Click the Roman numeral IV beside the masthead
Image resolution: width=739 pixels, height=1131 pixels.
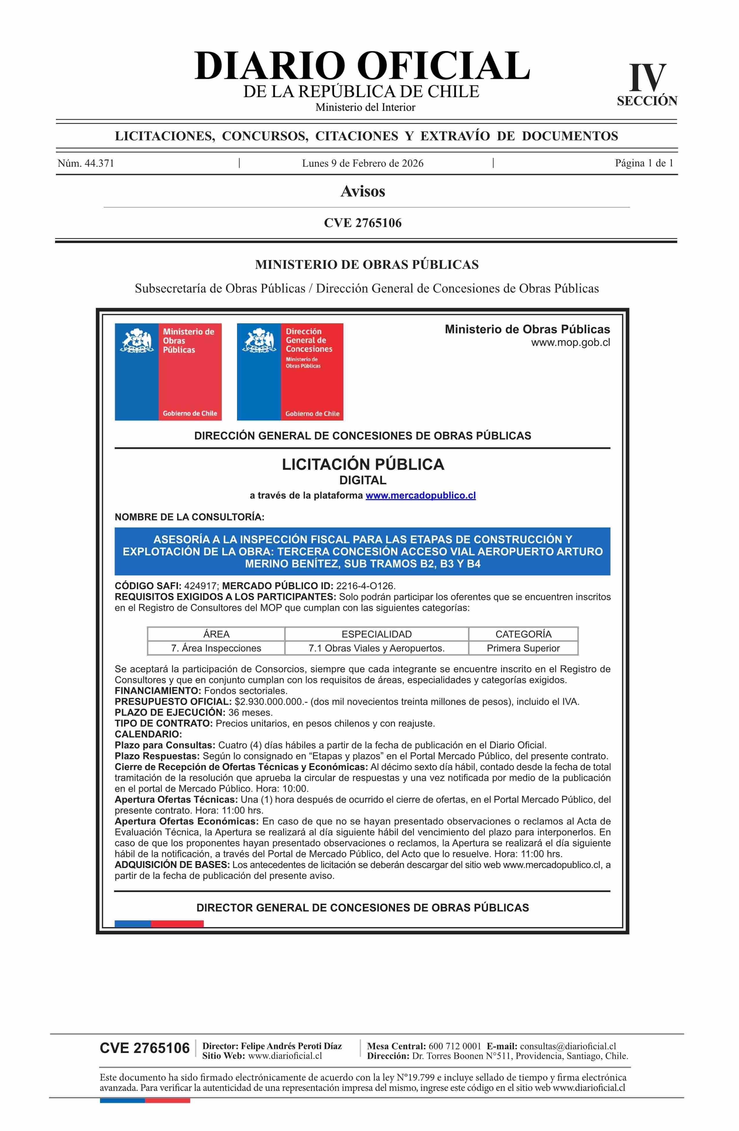(647, 78)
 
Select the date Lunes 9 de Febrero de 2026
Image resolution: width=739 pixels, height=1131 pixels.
(362, 164)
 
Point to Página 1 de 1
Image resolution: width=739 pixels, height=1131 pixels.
(644, 164)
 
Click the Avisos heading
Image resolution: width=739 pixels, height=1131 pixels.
(362, 191)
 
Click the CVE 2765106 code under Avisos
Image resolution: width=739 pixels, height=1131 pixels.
(362, 223)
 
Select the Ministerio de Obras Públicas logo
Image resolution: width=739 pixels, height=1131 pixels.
(168, 371)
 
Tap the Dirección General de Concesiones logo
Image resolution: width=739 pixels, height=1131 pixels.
(290, 371)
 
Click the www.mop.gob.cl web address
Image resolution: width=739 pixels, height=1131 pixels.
(570, 342)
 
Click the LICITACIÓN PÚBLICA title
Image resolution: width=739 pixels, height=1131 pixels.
(363, 464)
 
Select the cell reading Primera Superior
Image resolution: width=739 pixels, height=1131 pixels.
(523, 648)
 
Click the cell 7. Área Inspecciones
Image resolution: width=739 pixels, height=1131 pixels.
(216, 648)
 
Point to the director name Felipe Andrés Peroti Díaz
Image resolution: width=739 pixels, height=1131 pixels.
(291, 1046)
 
